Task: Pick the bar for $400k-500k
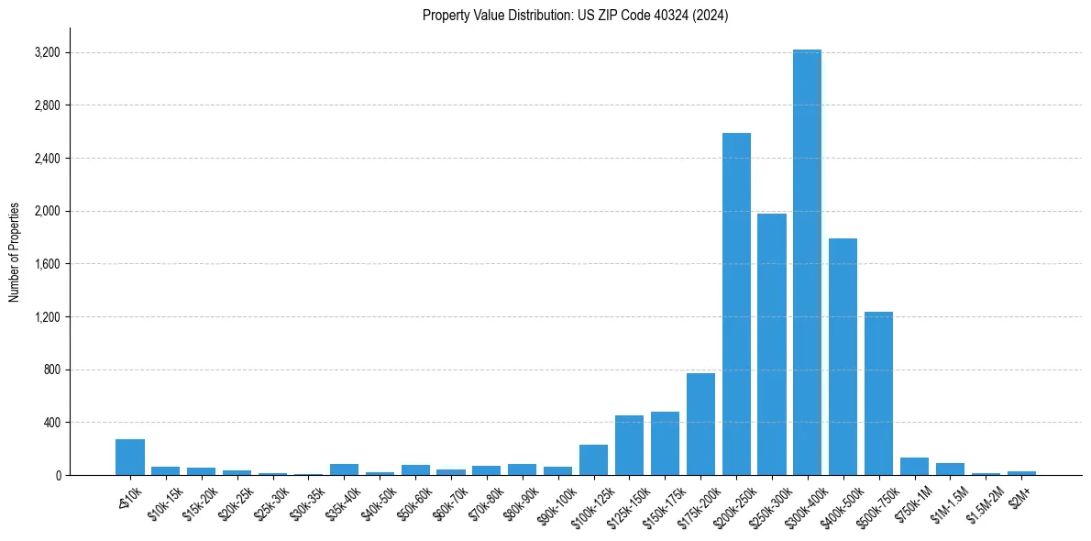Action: [x=843, y=357]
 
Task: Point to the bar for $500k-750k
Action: [x=878, y=393]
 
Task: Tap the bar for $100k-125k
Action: [x=593, y=460]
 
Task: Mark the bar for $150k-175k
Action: [x=665, y=444]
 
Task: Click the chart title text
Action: [x=575, y=16]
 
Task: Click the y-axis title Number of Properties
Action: [x=15, y=251]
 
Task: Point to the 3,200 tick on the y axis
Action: [x=46, y=52]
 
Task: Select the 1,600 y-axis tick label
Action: [x=46, y=264]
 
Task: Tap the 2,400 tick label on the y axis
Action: [x=46, y=159]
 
